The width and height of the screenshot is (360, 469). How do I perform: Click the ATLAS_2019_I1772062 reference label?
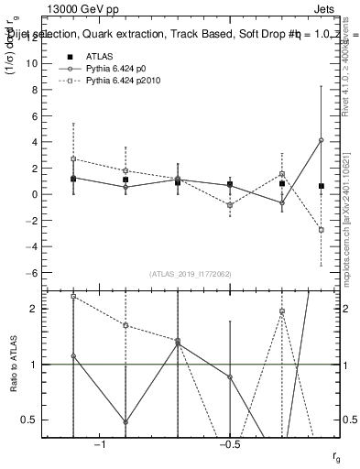click(x=191, y=273)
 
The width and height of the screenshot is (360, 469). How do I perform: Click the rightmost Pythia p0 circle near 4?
click(x=322, y=140)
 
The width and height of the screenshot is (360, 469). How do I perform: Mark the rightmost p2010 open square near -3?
click(x=322, y=230)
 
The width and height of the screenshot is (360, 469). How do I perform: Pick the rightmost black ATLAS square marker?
click(x=322, y=186)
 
